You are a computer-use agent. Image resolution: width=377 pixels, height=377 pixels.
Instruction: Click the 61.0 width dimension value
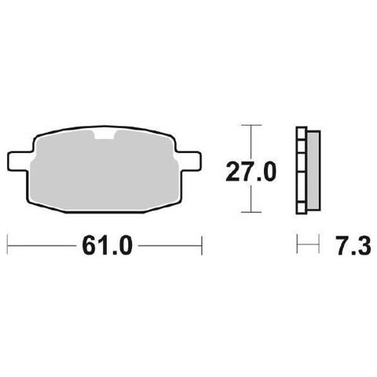(108, 246)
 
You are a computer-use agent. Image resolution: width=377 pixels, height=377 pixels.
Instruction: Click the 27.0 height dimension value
(251, 171)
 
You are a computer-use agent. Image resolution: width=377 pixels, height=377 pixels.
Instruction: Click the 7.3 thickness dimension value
(354, 246)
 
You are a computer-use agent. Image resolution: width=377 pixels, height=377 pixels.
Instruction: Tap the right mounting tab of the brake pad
(189, 162)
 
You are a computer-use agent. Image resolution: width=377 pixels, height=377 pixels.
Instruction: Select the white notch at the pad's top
(104, 134)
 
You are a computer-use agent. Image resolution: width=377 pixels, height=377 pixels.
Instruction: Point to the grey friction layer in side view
(313, 170)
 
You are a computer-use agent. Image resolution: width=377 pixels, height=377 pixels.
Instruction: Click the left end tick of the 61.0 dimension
(7, 246)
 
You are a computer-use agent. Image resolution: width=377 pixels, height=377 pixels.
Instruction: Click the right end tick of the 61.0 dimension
(202, 246)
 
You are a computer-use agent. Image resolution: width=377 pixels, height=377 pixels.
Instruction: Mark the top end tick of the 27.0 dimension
(251, 125)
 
